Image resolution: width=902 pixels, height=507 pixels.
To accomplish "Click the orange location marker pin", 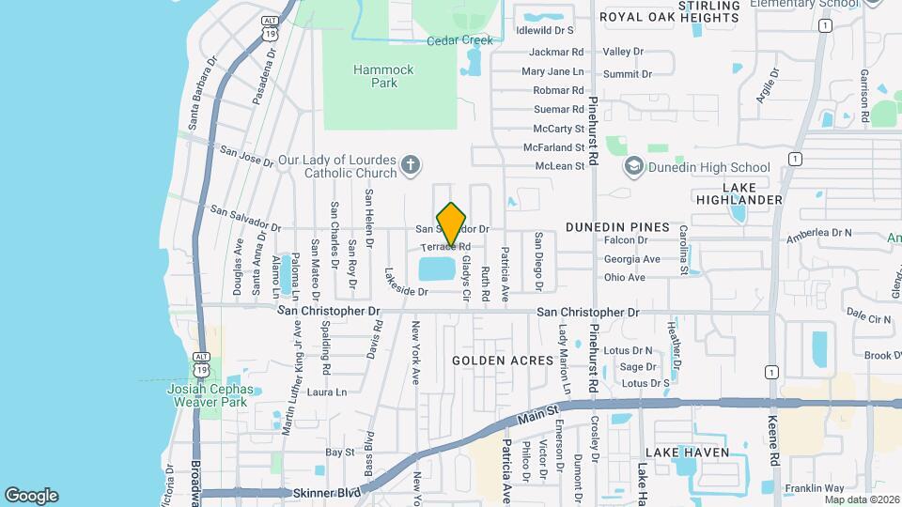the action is coord(452,224).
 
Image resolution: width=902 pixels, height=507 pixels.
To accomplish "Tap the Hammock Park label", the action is coord(376,76).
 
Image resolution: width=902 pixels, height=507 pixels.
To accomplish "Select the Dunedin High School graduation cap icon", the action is coord(633,167).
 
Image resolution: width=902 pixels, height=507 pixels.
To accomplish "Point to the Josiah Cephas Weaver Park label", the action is coord(210,395).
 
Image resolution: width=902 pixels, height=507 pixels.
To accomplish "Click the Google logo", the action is coord(31,495).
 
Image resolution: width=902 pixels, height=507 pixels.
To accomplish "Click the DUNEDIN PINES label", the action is coord(617,227).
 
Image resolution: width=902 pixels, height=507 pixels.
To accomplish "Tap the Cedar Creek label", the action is coord(459,40).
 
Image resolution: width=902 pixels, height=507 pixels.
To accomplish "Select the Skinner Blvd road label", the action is coord(327,492).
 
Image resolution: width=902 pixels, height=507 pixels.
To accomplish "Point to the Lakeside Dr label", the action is coord(406,291).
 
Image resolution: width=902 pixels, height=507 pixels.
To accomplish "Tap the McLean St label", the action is coord(560,165).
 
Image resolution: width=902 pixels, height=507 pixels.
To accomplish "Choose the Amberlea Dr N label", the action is coord(818,232).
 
